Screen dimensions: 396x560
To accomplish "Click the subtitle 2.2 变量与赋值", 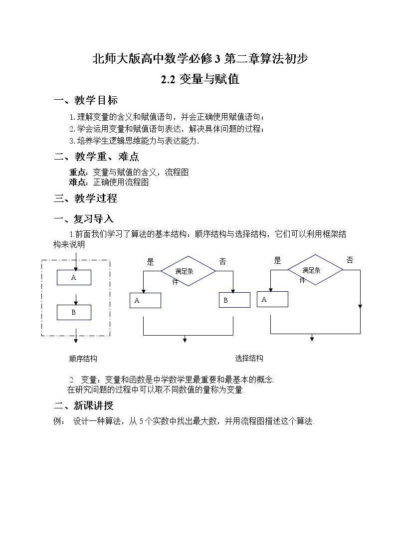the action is pyautogui.click(x=200, y=79).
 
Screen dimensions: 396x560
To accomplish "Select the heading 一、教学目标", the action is pyautogui.click(x=86, y=100).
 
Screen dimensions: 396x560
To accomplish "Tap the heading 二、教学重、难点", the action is pyautogui.click(x=96, y=157).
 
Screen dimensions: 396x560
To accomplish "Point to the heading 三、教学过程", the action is pyautogui.click(x=85, y=198).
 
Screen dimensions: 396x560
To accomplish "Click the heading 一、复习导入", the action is pyautogui.click(x=84, y=218).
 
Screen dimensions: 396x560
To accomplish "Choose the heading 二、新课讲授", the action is pyautogui.click(x=84, y=405).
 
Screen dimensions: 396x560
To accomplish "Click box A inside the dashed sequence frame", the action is pyautogui.click(x=74, y=277).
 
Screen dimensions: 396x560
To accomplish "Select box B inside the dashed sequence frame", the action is pyautogui.click(x=74, y=313).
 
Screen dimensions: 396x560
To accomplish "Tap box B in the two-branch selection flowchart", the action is pyautogui.click(x=234, y=300).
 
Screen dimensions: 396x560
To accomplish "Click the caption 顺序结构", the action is pyautogui.click(x=83, y=359).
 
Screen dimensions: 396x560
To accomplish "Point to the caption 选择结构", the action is pyautogui.click(x=249, y=358).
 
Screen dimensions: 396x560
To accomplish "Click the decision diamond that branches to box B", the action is pyautogui.click(x=188, y=271).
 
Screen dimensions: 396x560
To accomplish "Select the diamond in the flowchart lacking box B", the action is pyautogui.click(x=315, y=270).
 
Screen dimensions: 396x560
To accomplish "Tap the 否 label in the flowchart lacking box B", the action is pyautogui.click(x=350, y=260).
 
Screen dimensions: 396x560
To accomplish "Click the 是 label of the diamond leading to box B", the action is pyautogui.click(x=150, y=262).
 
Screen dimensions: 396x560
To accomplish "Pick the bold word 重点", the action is pyautogui.click(x=78, y=172).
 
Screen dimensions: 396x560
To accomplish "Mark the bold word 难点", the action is pyautogui.click(x=78, y=182).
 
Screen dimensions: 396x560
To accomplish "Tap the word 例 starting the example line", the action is pyautogui.click(x=57, y=421).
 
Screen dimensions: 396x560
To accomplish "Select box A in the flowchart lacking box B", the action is pyautogui.click(x=272, y=299).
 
